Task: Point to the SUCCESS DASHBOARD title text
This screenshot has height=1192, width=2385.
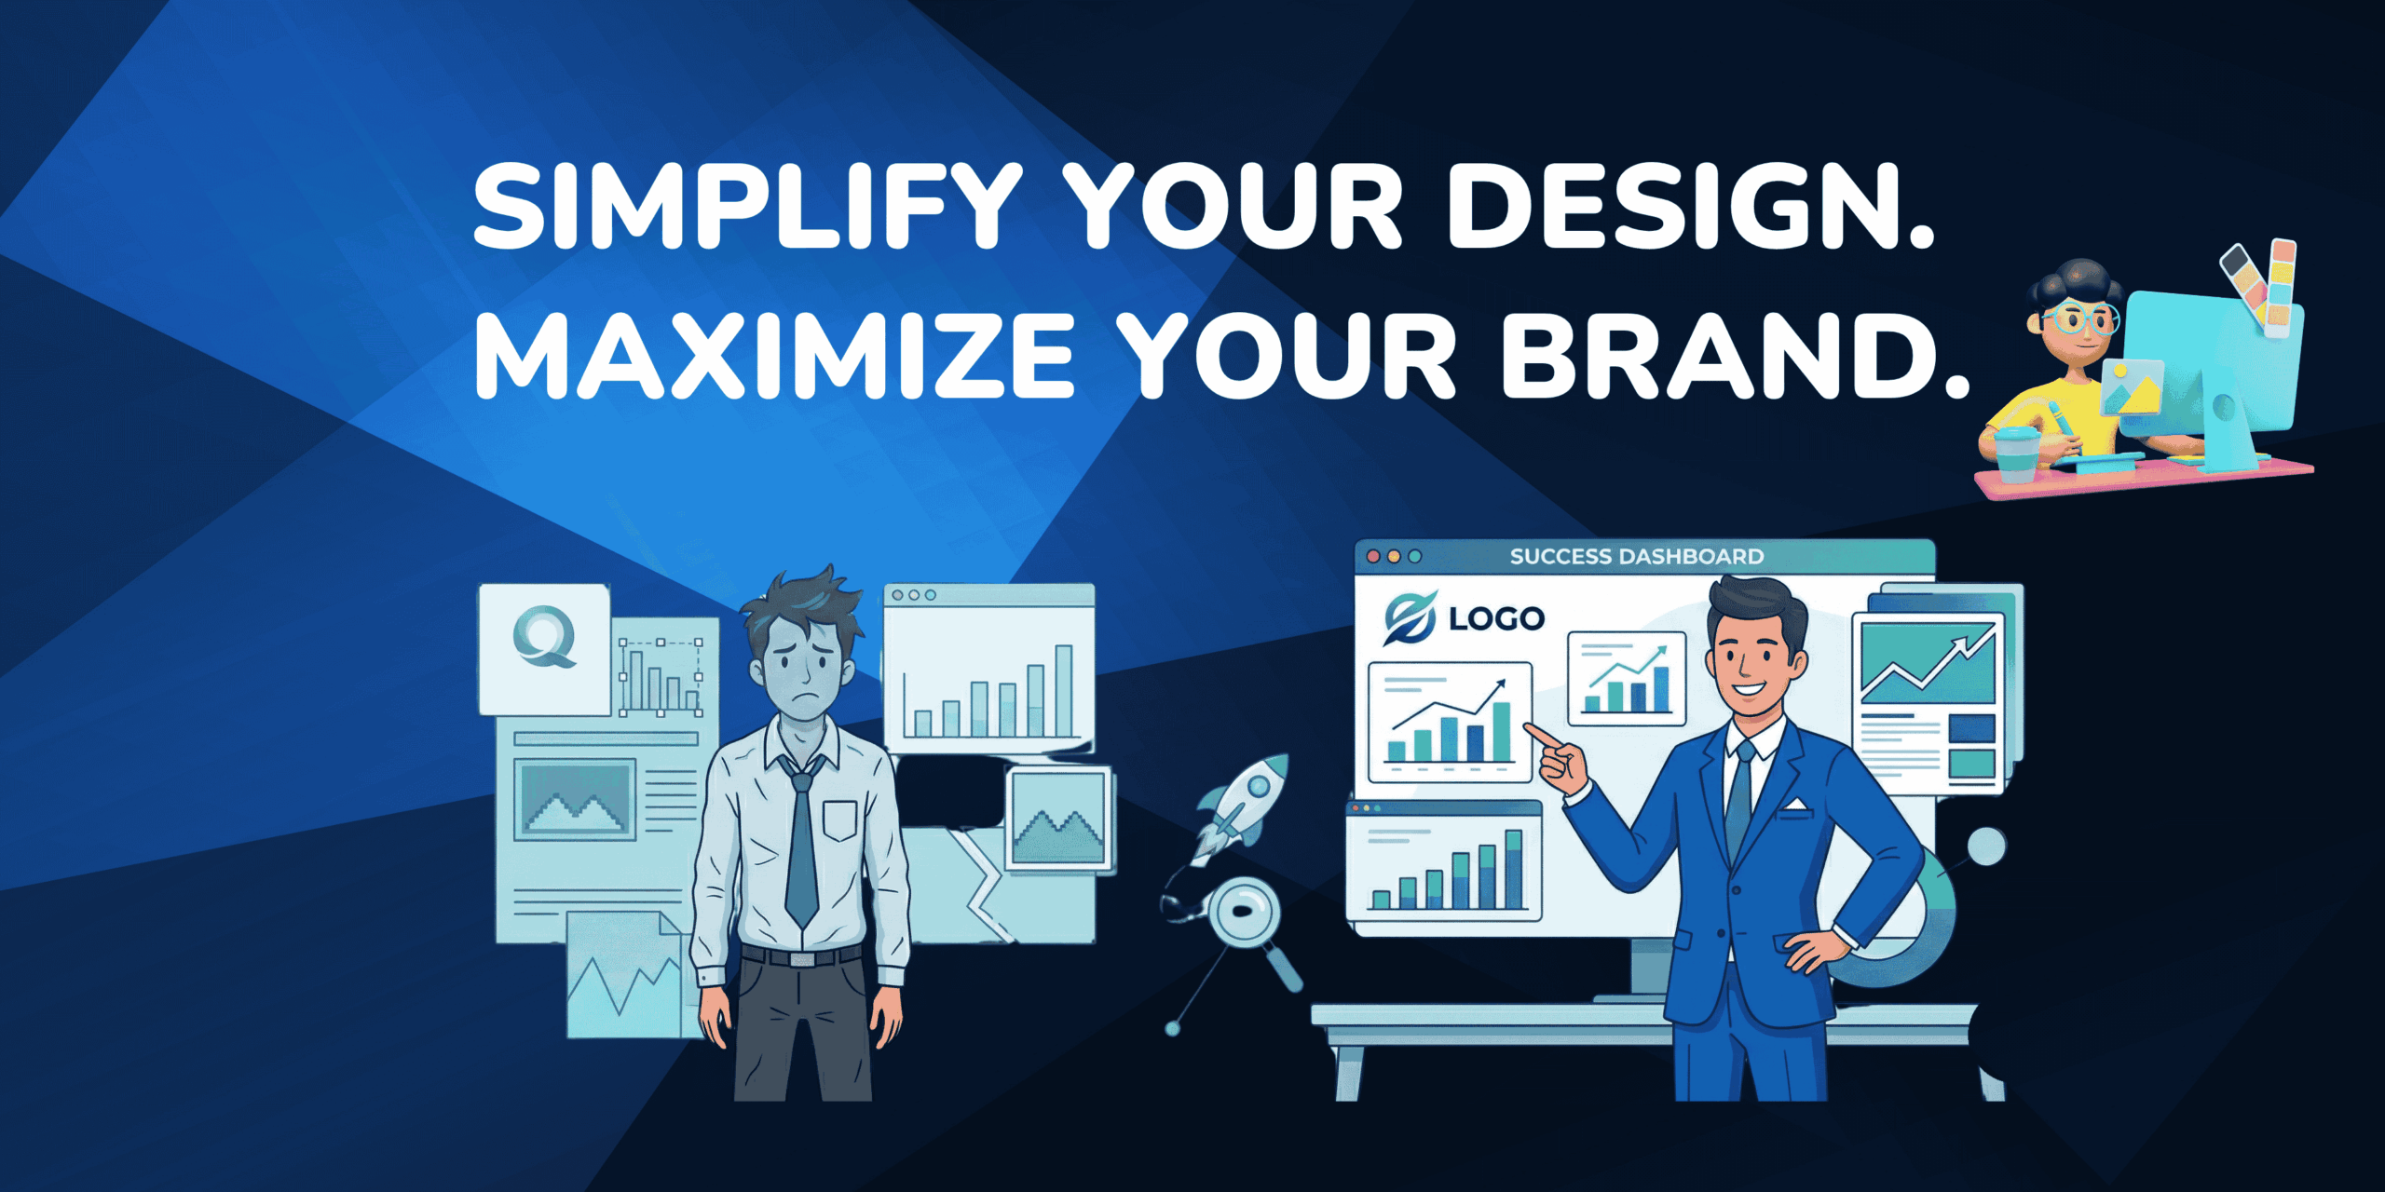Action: pyautogui.click(x=1637, y=557)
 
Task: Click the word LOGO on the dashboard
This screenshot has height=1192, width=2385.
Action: pyautogui.click(x=1496, y=618)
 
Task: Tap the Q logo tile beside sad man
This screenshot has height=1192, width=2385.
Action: pyautogui.click(x=544, y=649)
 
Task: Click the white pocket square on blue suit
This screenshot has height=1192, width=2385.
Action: pyautogui.click(x=1794, y=806)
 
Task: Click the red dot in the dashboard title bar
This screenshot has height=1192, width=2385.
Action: pyautogui.click(x=1373, y=557)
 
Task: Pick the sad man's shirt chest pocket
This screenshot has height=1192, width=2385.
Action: pyautogui.click(x=839, y=819)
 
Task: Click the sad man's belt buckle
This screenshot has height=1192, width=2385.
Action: pyautogui.click(x=800, y=958)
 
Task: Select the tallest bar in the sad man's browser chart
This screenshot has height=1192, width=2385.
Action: pyautogui.click(x=1063, y=690)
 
